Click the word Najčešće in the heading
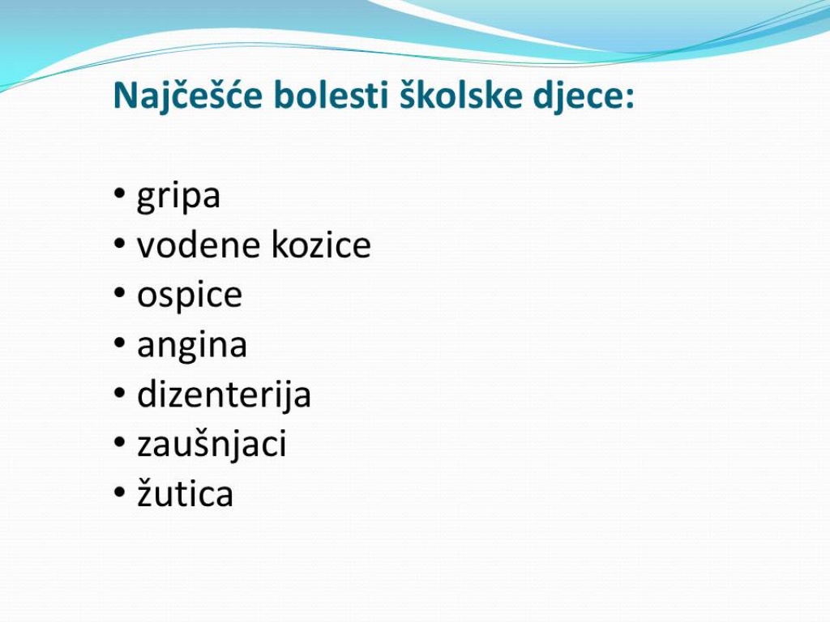[x=187, y=96]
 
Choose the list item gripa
[x=178, y=198]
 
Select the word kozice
[x=321, y=245]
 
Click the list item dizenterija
[x=224, y=395]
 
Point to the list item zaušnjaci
[x=212, y=445]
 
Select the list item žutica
[x=186, y=492]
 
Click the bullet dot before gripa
[x=120, y=194]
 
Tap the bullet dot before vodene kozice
[x=120, y=243]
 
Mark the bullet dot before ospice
[x=120, y=292]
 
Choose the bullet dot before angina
[x=120, y=343]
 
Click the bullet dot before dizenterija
[x=120, y=392]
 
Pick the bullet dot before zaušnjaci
[x=120, y=441]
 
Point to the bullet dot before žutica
[x=120, y=491]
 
